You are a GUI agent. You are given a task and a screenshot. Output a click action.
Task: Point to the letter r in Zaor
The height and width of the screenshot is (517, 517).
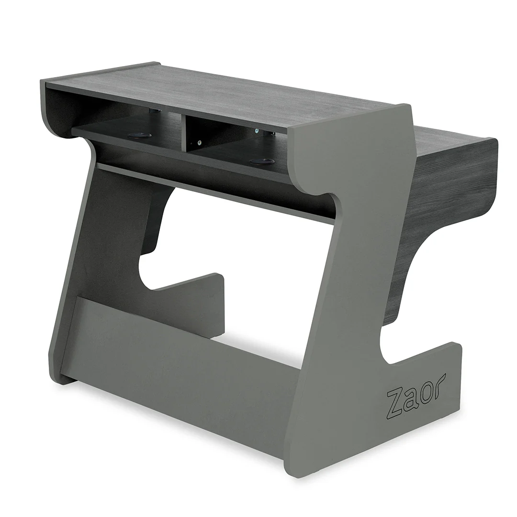tap(439, 382)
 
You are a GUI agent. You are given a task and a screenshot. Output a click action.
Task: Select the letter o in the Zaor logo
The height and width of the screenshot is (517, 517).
tap(426, 389)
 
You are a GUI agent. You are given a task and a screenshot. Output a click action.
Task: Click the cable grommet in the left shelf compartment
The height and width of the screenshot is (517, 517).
tap(140, 135)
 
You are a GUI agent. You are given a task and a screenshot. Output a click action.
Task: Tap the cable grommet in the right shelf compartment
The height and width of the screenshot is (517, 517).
tap(262, 161)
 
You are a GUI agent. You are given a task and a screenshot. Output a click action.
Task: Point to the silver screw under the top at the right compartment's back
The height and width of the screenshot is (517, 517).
tap(257, 131)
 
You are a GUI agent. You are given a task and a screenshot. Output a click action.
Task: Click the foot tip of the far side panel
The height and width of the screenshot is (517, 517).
tap(218, 282)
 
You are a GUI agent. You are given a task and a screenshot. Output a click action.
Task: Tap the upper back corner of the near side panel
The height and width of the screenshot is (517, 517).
tap(405, 108)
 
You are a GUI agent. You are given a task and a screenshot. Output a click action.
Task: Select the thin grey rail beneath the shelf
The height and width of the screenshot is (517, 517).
tap(215, 191)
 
